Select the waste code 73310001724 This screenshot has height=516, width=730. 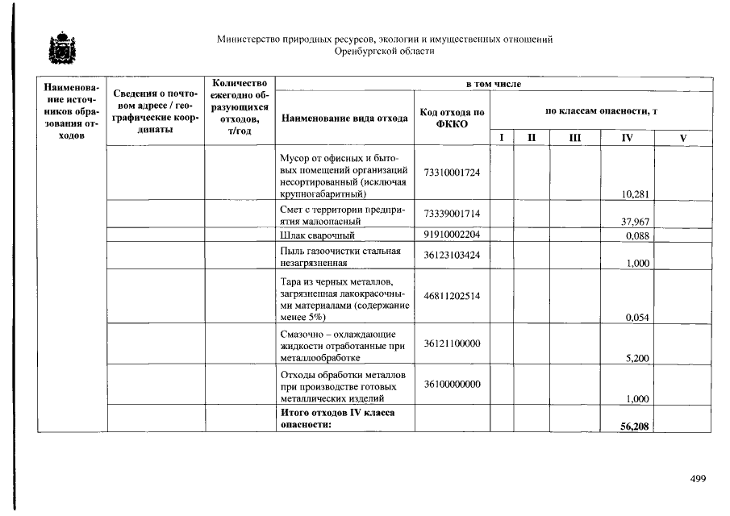[x=452, y=173]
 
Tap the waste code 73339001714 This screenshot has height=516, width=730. [x=452, y=213]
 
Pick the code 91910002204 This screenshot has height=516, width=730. [x=452, y=235]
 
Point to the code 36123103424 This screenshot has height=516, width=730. [x=452, y=256]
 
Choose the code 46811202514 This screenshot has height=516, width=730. [x=452, y=296]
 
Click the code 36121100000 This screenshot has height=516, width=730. [x=452, y=343]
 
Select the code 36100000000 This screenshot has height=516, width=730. [x=452, y=384]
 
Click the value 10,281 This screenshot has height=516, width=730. [x=636, y=193]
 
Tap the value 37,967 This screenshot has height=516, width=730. [x=636, y=222]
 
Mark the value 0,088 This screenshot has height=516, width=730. [x=638, y=235]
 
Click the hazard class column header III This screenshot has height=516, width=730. [x=574, y=138]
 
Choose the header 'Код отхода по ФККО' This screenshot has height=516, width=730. [x=452, y=118]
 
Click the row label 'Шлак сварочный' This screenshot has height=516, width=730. [x=317, y=235]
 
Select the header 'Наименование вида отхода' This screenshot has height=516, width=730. [x=344, y=118]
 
